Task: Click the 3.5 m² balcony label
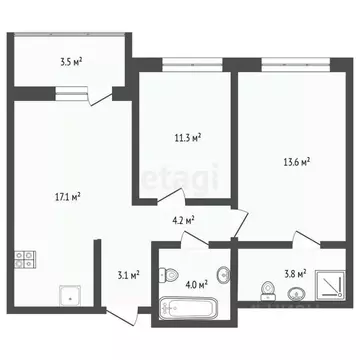click(71, 62)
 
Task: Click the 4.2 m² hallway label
click(182, 222)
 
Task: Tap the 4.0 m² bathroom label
click(196, 283)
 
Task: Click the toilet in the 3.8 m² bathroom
click(266, 290)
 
